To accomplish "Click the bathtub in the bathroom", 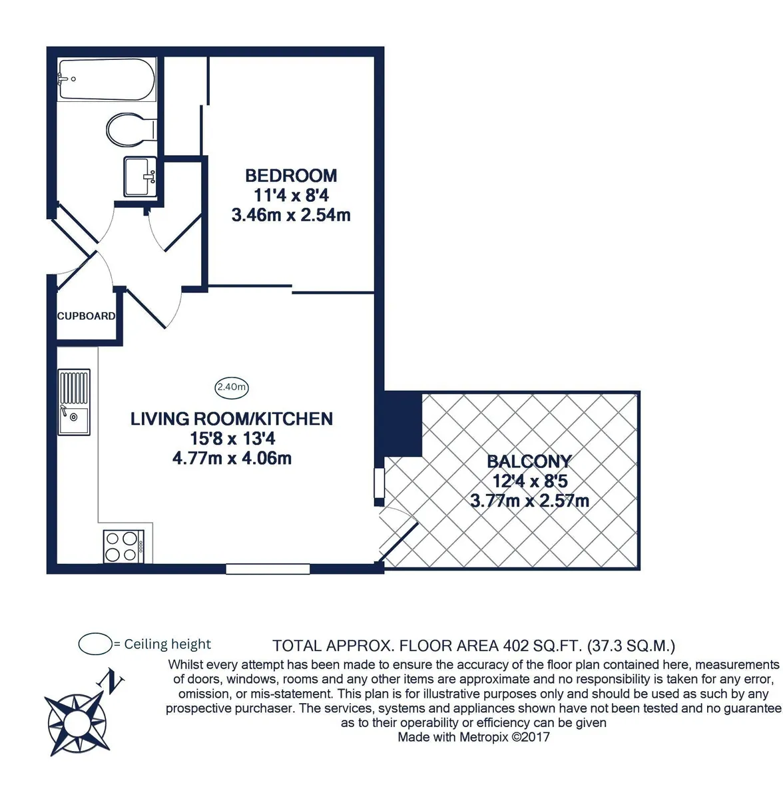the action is click(106, 79).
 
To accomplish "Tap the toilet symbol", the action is click(131, 129).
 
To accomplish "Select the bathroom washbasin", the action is click(140, 176).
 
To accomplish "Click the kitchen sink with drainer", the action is click(74, 401).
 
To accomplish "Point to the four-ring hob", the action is click(123, 546).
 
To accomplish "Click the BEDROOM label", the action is click(291, 175).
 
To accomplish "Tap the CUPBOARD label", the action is click(87, 316).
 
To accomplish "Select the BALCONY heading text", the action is click(529, 461).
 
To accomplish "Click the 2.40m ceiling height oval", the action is click(232, 387).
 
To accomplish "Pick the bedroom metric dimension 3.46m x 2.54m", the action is click(291, 215).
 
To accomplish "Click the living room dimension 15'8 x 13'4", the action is click(232, 438).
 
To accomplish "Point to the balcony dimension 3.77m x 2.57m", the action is click(529, 501).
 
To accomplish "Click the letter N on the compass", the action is click(111, 680).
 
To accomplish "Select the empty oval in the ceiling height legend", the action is click(95, 643).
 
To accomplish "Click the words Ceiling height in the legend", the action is click(168, 644).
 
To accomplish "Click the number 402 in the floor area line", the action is click(516, 646).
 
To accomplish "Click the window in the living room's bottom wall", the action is click(268, 569).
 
